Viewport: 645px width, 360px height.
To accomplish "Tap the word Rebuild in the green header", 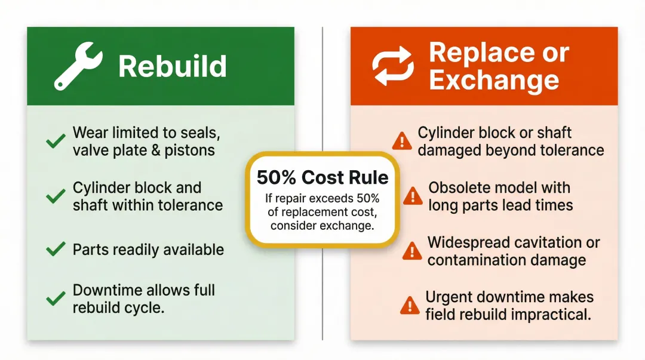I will [x=173, y=66].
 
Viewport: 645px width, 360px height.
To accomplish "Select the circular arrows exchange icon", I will [x=393, y=66].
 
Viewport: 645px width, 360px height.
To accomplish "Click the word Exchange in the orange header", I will [x=494, y=81].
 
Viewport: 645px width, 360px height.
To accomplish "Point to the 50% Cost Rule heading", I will [x=322, y=177].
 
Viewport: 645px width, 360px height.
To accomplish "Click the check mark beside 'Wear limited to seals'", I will [x=56, y=141].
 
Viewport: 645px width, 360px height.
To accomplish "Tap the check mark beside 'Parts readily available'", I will [x=56, y=250].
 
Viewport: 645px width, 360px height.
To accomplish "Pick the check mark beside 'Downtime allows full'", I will [x=56, y=298].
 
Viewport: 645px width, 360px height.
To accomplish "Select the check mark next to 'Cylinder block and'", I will [x=56, y=196].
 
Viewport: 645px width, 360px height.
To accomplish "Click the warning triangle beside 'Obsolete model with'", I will [x=413, y=196].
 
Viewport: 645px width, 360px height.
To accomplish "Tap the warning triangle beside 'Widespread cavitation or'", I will [x=411, y=251].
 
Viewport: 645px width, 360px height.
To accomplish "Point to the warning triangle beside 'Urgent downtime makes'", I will [x=410, y=305].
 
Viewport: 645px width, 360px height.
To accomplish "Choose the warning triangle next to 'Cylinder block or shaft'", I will [x=402, y=141].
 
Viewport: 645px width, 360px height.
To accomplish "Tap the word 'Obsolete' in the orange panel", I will [x=459, y=187].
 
